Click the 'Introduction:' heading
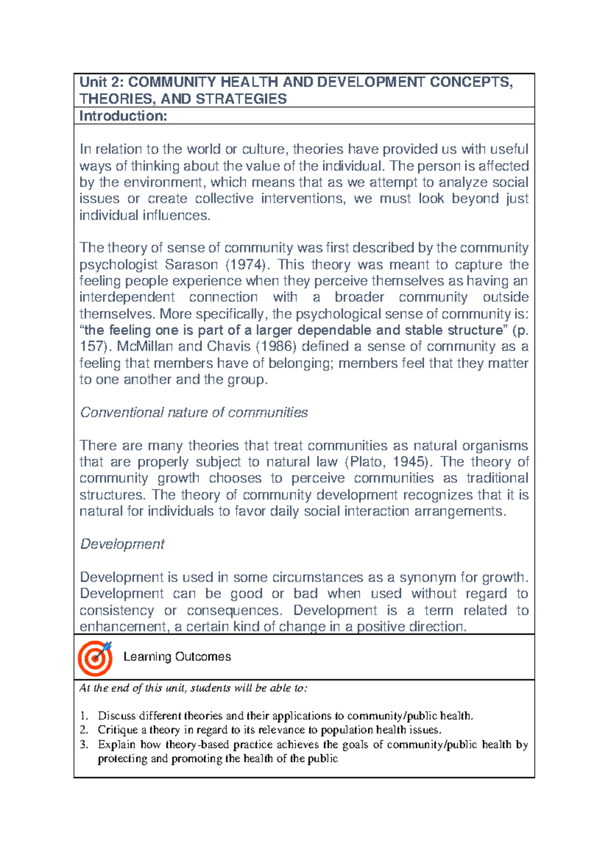click(x=123, y=116)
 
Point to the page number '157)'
click(x=95, y=346)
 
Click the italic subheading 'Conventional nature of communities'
click(x=194, y=412)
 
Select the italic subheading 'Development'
click(x=122, y=544)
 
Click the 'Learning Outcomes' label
click(x=177, y=656)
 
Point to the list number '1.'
click(x=84, y=716)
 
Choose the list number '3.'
click(x=84, y=745)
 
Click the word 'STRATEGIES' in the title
click(x=241, y=99)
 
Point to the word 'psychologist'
click(x=118, y=264)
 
